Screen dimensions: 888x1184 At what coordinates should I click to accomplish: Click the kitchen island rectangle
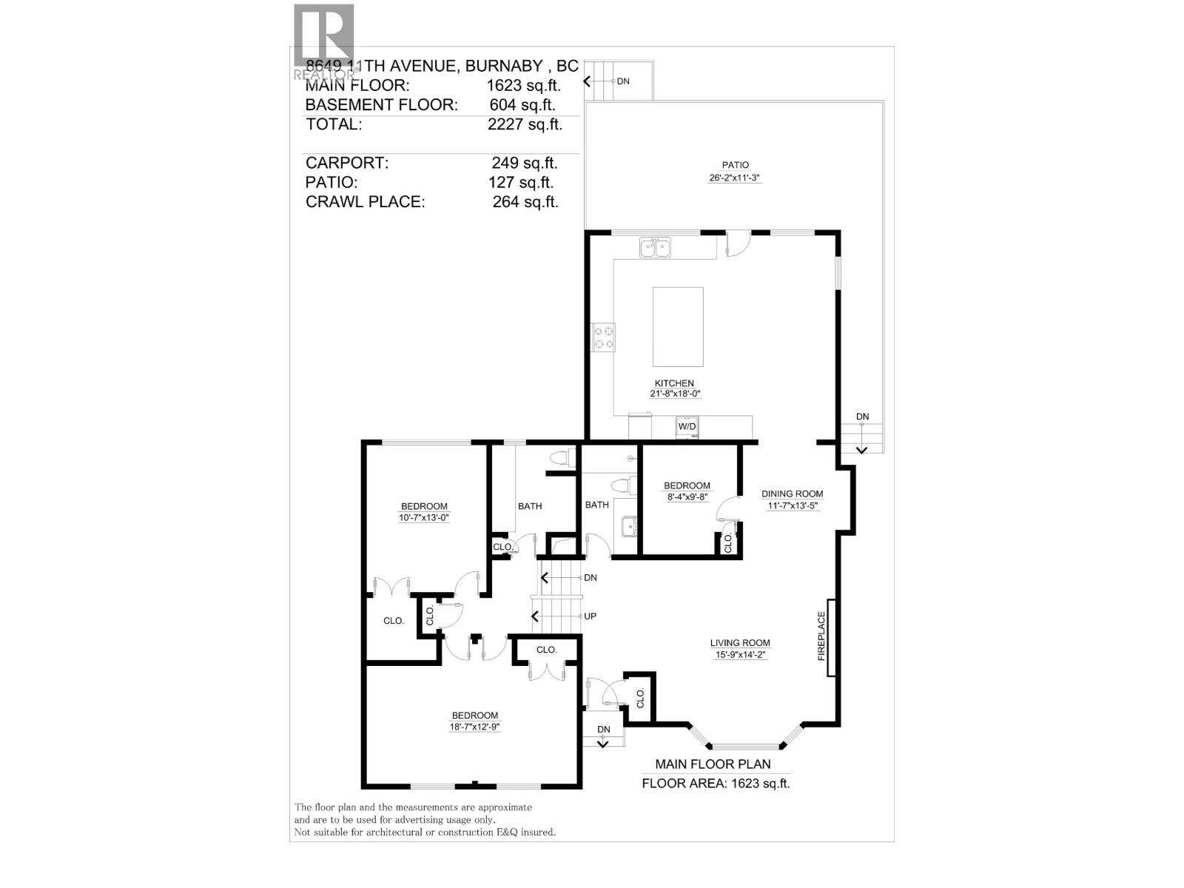coord(678,326)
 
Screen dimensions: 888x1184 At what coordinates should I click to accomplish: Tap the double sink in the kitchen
coord(655,246)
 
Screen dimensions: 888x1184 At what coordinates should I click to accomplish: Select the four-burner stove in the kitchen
coord(604,337)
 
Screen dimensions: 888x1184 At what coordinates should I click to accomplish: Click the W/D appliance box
coord(687,427)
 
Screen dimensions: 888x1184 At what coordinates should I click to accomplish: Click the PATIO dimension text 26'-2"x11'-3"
coord(735,178)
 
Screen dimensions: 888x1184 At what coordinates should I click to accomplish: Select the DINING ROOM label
coord(793,494)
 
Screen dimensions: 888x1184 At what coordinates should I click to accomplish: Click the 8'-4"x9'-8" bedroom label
coord(687,497)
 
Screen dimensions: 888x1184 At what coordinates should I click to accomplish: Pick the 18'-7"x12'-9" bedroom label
coord(475,727)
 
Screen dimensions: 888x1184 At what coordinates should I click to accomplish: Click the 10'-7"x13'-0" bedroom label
coord(424,518)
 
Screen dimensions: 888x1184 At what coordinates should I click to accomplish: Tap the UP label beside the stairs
coord(590,616)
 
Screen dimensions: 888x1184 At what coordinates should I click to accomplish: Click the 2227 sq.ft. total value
coord(525,124)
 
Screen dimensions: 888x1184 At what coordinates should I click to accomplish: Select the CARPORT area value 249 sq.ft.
coord(525,163)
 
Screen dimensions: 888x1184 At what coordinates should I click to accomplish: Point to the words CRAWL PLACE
coord(365,201)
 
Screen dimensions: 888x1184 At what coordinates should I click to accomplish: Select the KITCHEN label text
coord(674,383)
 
